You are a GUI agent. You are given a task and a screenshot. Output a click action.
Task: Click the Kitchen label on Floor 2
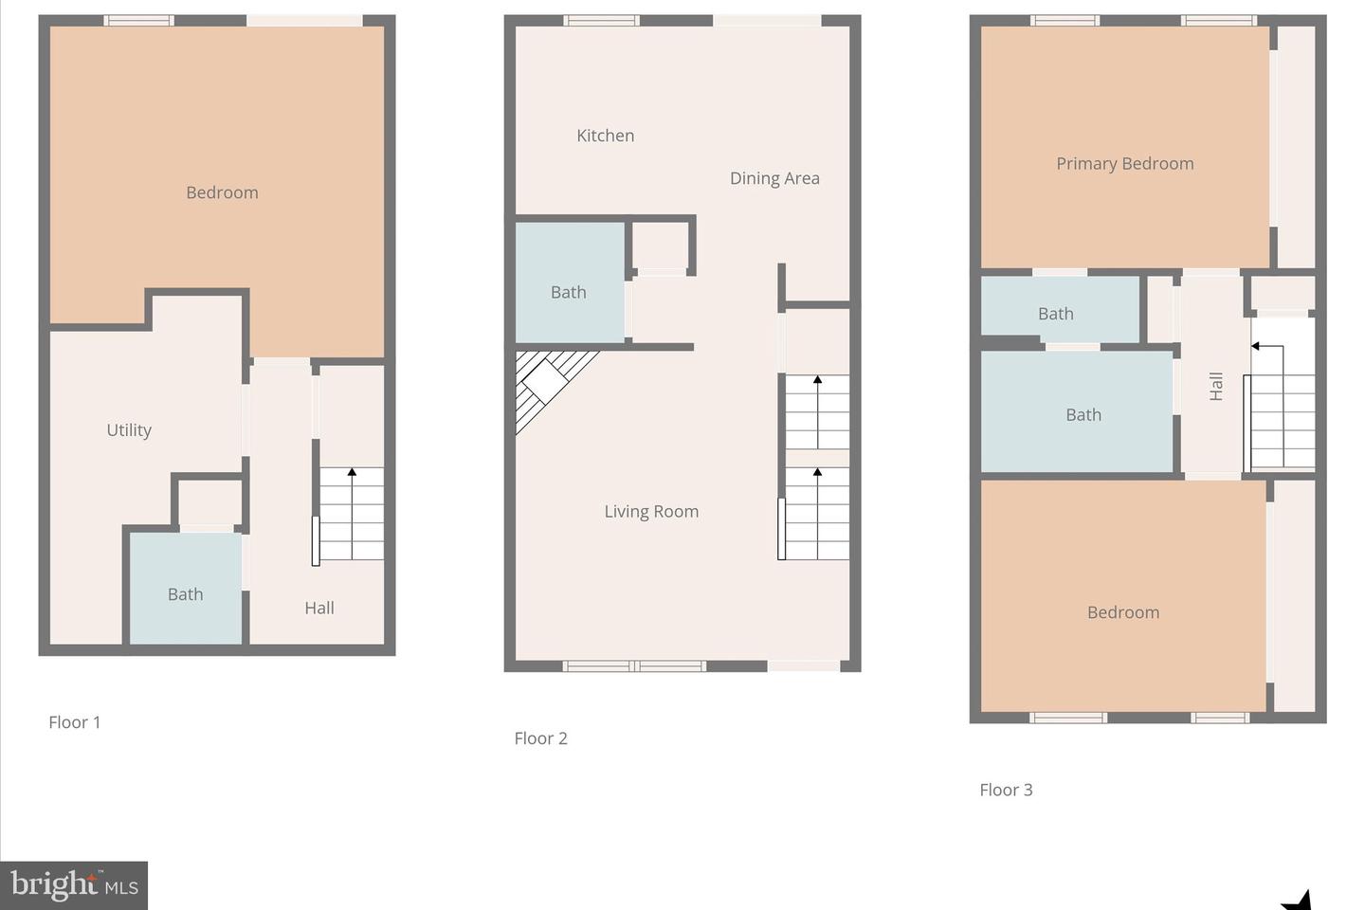pyautogui.click(x=605, y=136)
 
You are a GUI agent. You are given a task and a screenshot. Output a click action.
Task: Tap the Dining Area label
pyautogui.click(x=774, y=178)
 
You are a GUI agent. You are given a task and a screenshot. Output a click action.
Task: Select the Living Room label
pyautogui.click(x=651, y=511)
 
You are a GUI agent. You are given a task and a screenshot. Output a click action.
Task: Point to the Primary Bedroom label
pyautogui.click(x=1125, y=164)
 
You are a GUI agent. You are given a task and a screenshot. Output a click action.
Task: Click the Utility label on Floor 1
pyautogui.click(x=129, y=430)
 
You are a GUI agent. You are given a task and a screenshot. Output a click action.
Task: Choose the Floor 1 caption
pyautogui.click(x=74, y=722)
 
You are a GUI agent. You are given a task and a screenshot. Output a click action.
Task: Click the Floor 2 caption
pyautogui.click(x=540, y=738)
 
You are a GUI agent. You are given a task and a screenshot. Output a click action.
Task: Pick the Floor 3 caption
pyautogui.click(x=1006, y=790)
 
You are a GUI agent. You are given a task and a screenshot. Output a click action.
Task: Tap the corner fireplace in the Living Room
pyautogui.click(x=549, y=384)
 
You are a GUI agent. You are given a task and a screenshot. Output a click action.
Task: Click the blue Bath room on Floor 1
pyautogui.click(x=186, y=588)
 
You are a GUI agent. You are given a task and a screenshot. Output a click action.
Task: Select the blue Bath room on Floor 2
pyautogui.click(x=570, y=282)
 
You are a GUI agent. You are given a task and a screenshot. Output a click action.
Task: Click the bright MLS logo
pyautogui.click(x=74, y=885)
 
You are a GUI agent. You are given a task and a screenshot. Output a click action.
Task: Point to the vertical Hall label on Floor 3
pyautogui.click(x=1215, y=387)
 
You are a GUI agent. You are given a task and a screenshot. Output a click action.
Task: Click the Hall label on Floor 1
pyautogui.click(x=319, y=608)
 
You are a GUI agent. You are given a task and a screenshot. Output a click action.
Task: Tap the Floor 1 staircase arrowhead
pyautogui.click(x=352, y=472)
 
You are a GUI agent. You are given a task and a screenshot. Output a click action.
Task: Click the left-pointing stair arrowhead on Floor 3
pyautogui.click(x=1255, y=346)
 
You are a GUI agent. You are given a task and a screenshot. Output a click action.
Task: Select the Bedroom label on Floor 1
pyautogui.click(x=222, y=192)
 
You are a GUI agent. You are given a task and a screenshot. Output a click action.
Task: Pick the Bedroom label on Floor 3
pyautogui.click(x=1123, y=612)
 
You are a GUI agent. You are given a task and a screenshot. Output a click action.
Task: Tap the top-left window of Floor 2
pyautogui.click(x=601, y=21)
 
